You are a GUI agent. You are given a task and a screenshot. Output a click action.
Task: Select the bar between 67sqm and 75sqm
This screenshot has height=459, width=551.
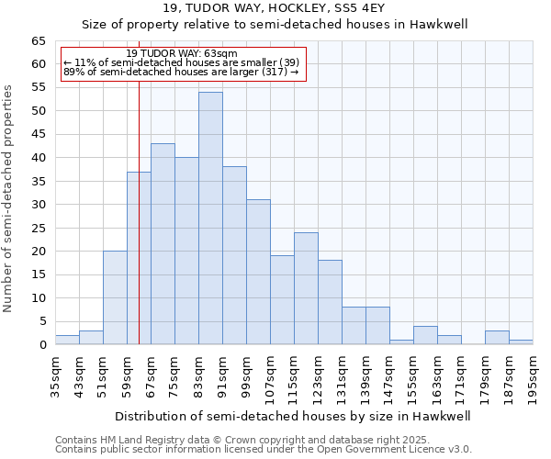pyautogui.click(x=163, y=244)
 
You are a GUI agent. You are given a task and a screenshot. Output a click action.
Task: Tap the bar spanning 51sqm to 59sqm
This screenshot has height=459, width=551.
pyautogui.click(x=115, y=297)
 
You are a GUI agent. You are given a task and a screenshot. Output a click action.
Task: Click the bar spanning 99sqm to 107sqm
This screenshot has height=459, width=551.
pyautogui.click(x=258, y=272)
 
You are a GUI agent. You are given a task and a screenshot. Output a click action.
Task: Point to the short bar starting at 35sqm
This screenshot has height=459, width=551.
pyautogui.click(x=67, y=341)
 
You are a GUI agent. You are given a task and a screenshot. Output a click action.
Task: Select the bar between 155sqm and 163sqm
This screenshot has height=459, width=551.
pyautogui.click(x=425, y=336)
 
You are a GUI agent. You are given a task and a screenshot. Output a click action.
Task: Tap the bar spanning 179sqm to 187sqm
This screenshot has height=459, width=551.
pyautogui.click(x=497, y=338)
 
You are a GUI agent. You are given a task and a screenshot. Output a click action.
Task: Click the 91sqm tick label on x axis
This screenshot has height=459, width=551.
pyautogui.click(x=222, y=376)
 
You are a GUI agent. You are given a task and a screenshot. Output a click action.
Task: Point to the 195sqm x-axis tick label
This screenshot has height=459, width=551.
pyautogui.click(x=533, y=376)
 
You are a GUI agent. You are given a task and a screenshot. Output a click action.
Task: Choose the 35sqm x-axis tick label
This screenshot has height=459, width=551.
pyautogui.click(x=55, y=376)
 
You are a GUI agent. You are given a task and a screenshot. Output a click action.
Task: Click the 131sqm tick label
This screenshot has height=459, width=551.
pyautogui.click(x=342, y=376)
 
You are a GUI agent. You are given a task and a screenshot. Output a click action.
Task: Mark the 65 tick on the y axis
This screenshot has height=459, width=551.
pyautogui.click(x=38, y=41)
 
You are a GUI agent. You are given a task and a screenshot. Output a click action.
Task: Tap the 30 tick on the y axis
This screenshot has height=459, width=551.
pyautogui.click(x=38, y=205)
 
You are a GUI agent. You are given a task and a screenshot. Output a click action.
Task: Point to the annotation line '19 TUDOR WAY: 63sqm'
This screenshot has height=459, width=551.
pyautogui.click(x=181, y=53)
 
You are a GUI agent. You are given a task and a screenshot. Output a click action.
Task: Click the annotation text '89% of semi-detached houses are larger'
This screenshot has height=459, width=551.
pyautogui.click(x=181, y=72)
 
